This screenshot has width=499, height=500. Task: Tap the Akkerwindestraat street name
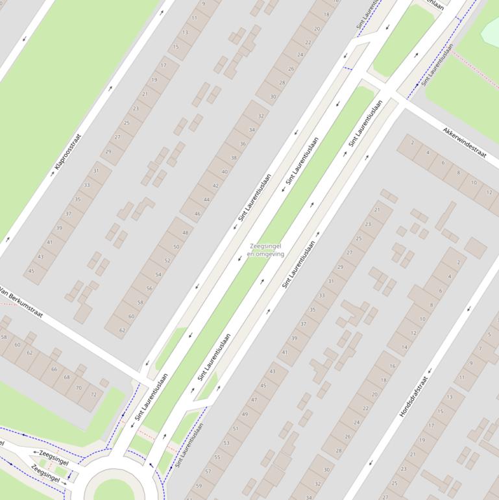click(465, 142)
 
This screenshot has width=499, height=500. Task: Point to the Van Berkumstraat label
click(21, 303)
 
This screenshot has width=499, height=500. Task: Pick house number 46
click(198, 213)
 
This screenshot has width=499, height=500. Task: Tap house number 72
click(93, 394)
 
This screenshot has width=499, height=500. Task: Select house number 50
click(176, 247)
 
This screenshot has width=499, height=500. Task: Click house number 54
click(158, 275)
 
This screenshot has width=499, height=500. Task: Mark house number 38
click(234, 158)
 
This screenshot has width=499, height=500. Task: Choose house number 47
click(254, 399)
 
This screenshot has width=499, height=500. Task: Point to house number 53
click(226, 443)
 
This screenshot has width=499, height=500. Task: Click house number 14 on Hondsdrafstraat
click(405, 347)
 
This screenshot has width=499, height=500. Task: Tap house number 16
click(393, 366)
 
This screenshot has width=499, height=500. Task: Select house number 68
click(67, 377)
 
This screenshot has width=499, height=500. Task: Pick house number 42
click(215, 186)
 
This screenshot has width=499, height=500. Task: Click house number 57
click(208, 471)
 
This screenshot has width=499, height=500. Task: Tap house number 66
click(54, 369)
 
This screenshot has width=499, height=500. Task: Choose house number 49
click(245, 414)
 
